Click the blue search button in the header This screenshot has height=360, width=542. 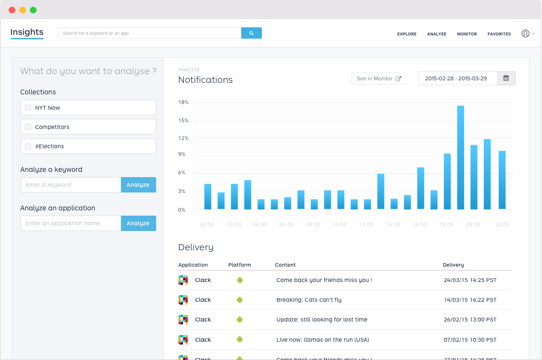[251, 33]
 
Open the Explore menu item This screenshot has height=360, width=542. [407, 34]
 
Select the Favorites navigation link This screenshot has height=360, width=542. [499, 34]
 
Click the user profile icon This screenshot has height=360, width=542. [525, 34]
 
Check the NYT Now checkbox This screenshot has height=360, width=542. [28, 108]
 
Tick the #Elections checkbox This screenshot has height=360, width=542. [28, 146]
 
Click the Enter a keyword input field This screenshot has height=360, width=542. [71, 185]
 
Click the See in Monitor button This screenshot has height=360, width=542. [379, 78]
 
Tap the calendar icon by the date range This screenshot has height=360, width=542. [506, 78]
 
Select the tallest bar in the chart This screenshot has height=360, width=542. [461, 157]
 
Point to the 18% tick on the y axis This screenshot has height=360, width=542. [183, 102]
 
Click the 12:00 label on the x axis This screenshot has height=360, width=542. [366, 224]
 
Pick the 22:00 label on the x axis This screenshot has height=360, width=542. [502, 224]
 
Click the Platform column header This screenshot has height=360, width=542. [240, 265]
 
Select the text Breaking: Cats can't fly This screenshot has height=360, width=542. [309, 300]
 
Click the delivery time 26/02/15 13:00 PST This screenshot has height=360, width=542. [470, 320]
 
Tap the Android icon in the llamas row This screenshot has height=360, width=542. [240, 339]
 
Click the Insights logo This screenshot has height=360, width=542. [27, 32]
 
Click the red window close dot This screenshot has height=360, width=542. [12, 10]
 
